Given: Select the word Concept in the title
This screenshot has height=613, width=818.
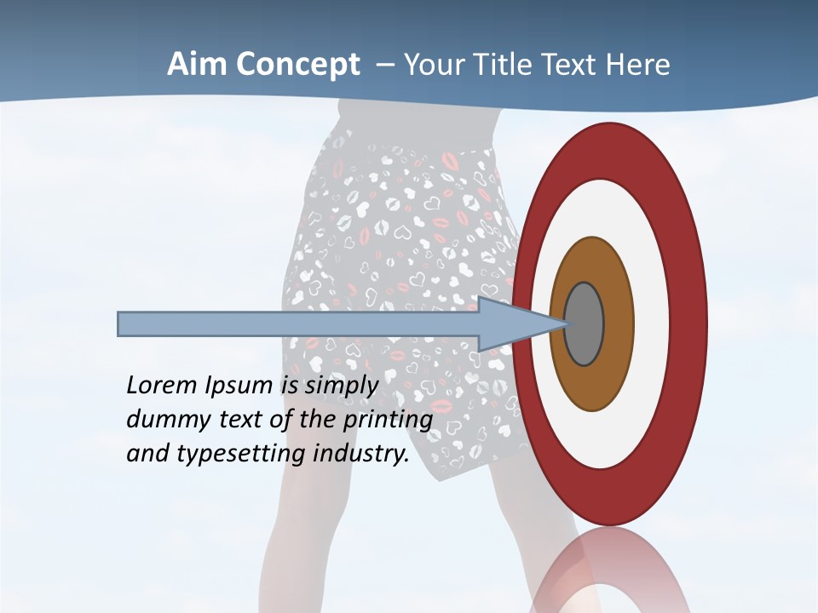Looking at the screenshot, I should point(298,65).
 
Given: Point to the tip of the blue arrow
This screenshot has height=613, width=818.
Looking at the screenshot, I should point(566,324).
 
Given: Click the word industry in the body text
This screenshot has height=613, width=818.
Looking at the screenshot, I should point(361,454).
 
